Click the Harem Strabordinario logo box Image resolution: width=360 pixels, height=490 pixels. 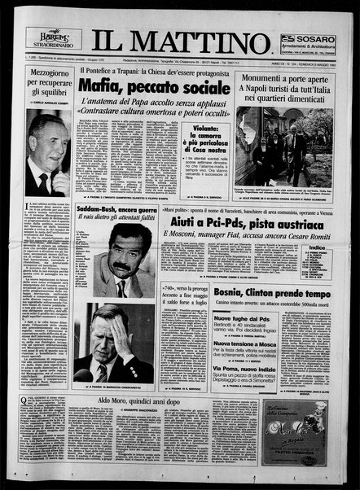(52, 37)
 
